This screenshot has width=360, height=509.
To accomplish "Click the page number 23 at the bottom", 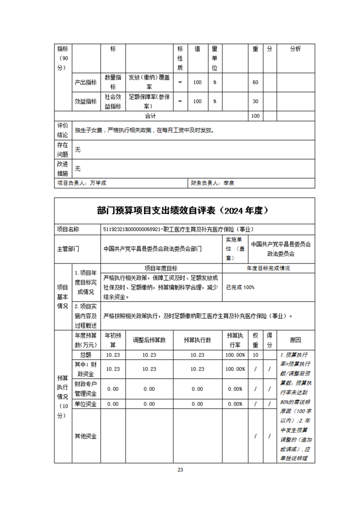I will coord(180,470).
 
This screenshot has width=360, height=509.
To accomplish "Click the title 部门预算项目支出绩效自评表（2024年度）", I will coord(184,210).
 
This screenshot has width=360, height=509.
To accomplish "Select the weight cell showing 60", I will coord(255,82).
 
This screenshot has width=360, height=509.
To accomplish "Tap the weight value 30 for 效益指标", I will coord(255,101).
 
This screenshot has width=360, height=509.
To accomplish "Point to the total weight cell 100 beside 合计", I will coord(255,116).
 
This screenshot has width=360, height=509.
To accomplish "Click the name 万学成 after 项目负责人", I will coord(98,183).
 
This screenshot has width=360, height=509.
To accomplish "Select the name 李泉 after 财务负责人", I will coord(228,183).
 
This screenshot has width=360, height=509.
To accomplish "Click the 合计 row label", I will coord(151,116).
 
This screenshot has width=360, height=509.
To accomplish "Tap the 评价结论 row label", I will coord(63,130).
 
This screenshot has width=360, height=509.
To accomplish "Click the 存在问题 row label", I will coord(63,150).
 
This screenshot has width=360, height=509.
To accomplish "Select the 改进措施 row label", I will coord(63,169).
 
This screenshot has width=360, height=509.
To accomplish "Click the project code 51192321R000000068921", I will coord(133,230).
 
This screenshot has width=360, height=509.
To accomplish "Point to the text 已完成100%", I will coord(240,287).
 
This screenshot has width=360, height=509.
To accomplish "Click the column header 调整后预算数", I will coord(149,340).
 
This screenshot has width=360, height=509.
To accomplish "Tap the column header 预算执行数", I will coord(197,340).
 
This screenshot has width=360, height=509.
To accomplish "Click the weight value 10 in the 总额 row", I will coord(256,355).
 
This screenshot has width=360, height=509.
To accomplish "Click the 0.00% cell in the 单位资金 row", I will coord(236,404).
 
